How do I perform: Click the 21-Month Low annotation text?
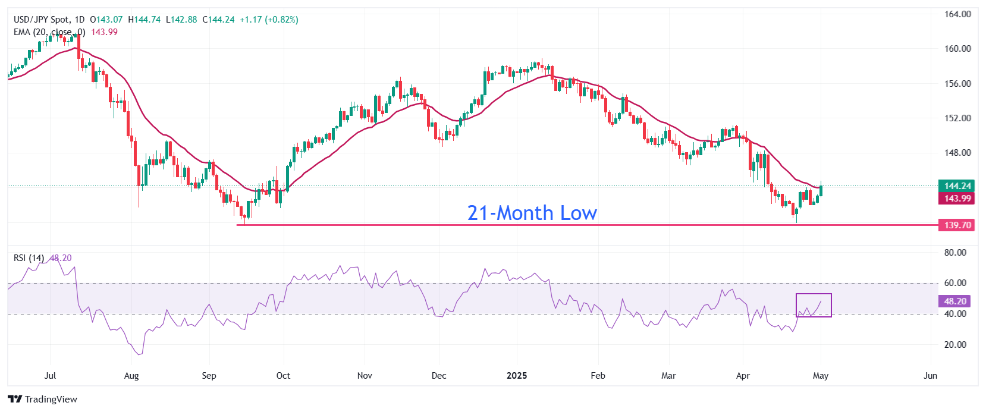point(532,213)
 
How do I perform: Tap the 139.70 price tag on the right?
point(957,225)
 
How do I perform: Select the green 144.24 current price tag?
point(957,186)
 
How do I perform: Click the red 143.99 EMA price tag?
point(957,199)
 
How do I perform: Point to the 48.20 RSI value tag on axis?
point(956,301)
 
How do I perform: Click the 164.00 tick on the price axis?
point(957,14)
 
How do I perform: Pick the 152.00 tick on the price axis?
point(957,118)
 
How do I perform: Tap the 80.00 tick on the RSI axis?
point(955,253)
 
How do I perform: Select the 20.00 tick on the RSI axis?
point(955,345)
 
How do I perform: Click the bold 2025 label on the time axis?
point(517,376)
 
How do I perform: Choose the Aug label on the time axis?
point(131,376)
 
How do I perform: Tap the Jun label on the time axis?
point(930,376)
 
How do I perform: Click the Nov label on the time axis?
point(365,376)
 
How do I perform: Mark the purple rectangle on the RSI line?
point(814,305)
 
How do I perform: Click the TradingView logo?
point(43,399)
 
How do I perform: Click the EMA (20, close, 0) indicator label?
point(49,32)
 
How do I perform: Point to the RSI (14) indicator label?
point(29,258)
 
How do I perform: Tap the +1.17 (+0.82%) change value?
point(269,20)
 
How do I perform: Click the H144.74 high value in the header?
point(144,20)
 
